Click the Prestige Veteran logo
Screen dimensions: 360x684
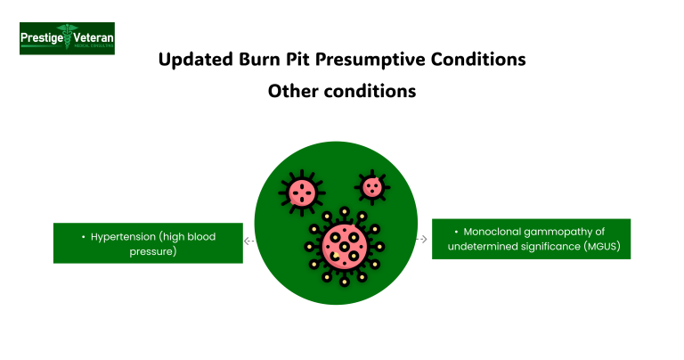coord(67,38)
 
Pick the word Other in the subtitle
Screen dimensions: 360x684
coord(295,91)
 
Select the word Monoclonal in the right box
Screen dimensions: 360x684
coord(497,232)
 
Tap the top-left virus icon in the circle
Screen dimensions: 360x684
coord(299,191)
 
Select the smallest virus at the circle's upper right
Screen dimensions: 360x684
coord(370,187)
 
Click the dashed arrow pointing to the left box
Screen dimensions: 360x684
coord(249,241)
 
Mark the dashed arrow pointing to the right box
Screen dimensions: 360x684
coord(421,239)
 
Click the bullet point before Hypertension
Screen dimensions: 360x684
coord(83,237)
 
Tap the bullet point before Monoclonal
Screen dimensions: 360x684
coord(455,232)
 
